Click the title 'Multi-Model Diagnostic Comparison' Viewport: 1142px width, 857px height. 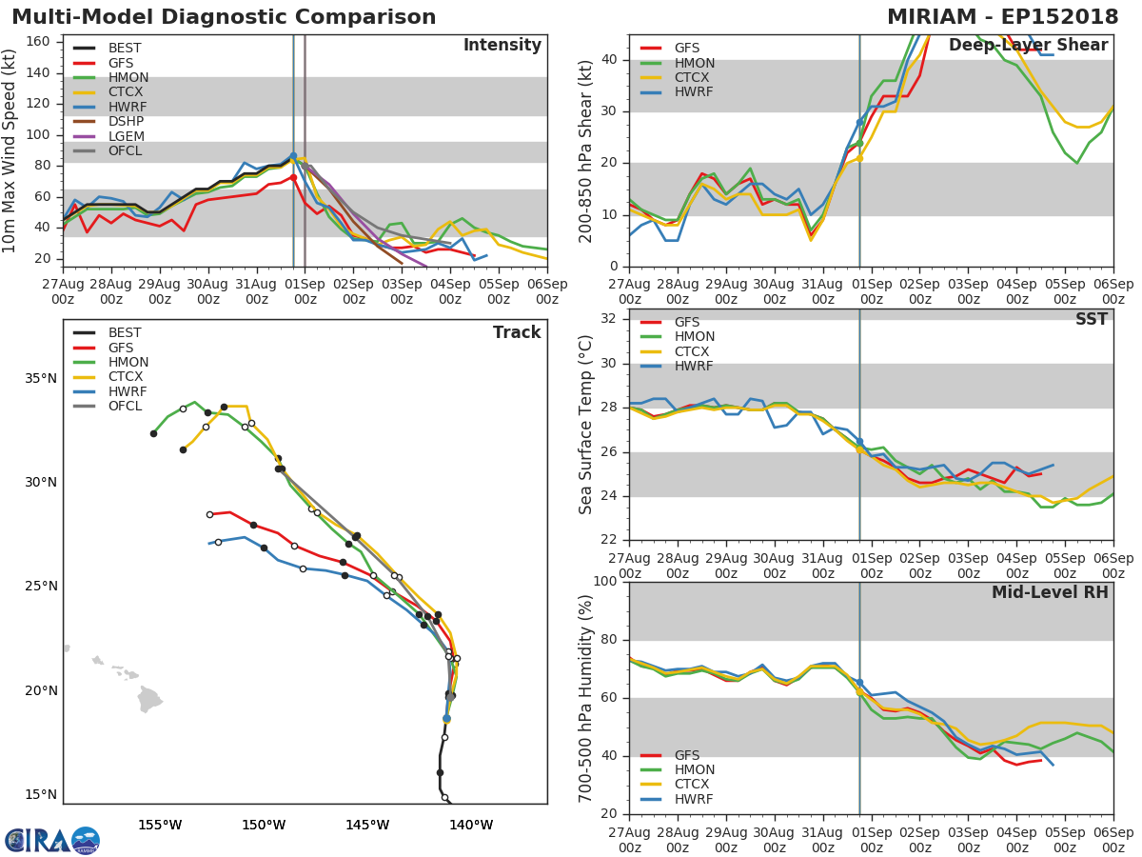tap(224, 17)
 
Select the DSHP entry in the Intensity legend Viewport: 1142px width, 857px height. tap(126, 122)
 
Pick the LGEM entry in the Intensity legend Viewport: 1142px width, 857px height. tap(126, 136)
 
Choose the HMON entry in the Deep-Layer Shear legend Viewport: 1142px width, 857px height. tap(694, 63)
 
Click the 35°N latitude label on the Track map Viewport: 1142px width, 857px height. tap(40, 378)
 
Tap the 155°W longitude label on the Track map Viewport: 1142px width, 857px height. tap(160, 825)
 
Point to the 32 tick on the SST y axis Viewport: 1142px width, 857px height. tap(607, 319)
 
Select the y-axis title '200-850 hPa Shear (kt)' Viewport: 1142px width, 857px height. tap(586, 150)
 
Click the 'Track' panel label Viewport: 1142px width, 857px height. tap(516, 332)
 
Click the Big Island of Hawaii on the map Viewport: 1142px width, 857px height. tap(149, 701)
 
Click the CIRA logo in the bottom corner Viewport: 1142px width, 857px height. tap(52, 841)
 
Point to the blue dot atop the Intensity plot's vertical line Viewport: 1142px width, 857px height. tap(293, 156)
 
